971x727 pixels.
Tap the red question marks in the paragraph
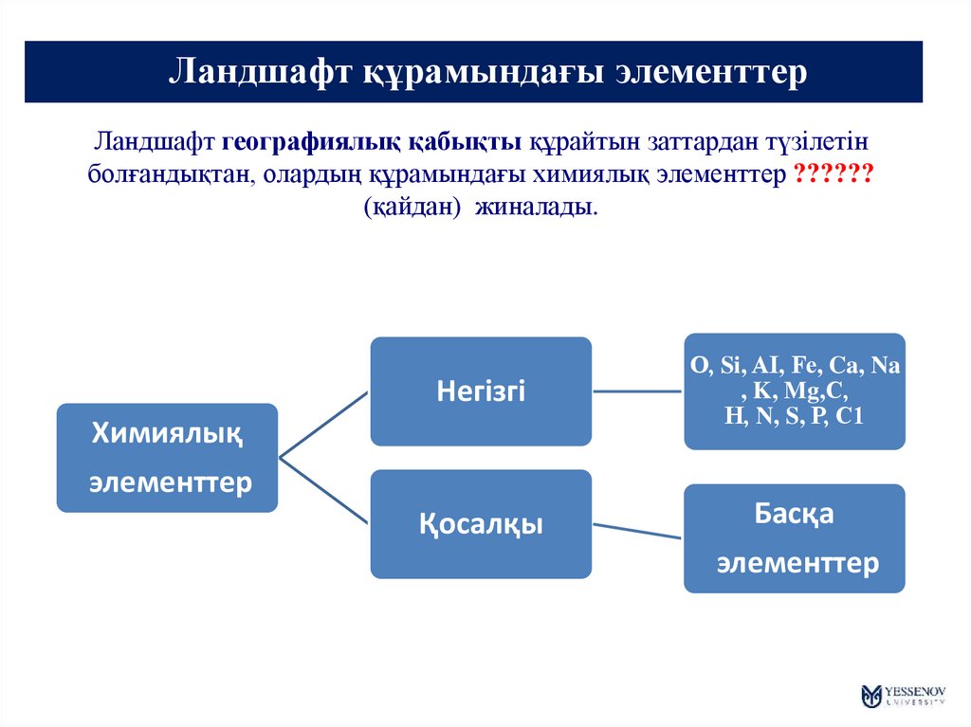click(x=834, y=174)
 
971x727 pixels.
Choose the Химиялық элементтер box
click(x=167, y=459)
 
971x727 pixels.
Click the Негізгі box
click(x=481, y=391)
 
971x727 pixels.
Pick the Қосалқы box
click(x=481, y=524)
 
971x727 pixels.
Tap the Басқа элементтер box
click(x=795, y=538)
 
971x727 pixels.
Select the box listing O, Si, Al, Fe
click(x=795, y=391)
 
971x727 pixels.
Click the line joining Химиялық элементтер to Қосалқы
click(x=323, y=491)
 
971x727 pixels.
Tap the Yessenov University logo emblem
click(x=871, y=696)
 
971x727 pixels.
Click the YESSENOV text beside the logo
click(x=915, y=690)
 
